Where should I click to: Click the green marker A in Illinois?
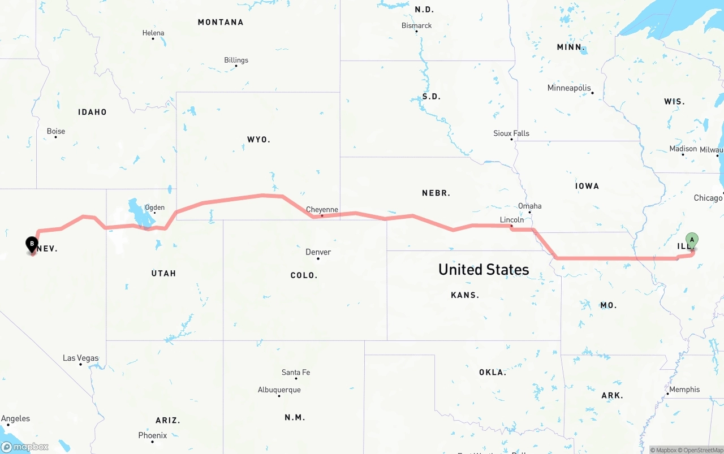[x=692, y=240]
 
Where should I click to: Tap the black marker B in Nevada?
[x=32, y=244]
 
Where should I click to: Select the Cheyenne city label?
[x=322, y=210]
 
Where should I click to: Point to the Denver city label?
[x=318, y=252]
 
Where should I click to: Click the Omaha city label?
[x=529, y=206]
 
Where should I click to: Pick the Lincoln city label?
[x=512, y=219]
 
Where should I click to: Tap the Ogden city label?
[x=154, y=207]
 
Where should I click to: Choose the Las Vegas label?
[x=80, y=358]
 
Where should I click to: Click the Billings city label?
[x=236, y=60]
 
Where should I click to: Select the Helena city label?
[x=153, y=33]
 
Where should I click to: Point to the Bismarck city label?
[x=416, y=25]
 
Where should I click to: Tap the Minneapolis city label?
[x=569, y=88]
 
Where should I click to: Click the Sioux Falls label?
[x=511, y=133]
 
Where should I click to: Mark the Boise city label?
[x=55, y=131]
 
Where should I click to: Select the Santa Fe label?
[x=296, y=372]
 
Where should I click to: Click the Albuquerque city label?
[x=279, y=390]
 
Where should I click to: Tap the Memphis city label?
[x=684, y=390]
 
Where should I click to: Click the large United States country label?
[x=484, y=270]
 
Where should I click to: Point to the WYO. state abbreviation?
[x=258, y=139]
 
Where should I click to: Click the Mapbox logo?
[x=25, y=447]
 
